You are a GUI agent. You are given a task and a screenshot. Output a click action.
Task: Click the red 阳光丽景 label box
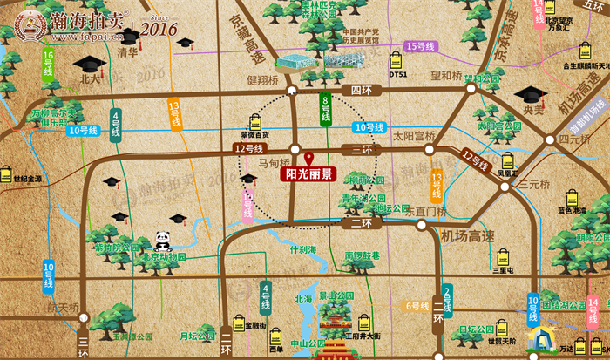click(x=308, y=173)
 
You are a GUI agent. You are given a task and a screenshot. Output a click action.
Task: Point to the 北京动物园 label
click(x=164, y=257)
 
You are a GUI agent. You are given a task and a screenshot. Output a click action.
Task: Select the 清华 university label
click(x=127, y=52)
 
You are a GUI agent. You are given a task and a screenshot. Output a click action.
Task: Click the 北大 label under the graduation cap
click(x=90, y=78)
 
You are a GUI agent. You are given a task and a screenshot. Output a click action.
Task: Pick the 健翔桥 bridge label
click(x=261, y=79)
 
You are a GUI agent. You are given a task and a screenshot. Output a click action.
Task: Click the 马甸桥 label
click(x=274, y=162)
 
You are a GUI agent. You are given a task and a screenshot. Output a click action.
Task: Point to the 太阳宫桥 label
click(x=413, y=136)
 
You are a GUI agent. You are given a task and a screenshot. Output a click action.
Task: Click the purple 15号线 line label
click(x=421, y=45)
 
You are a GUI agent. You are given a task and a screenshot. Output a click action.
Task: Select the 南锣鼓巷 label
click(x=362, y=255)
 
